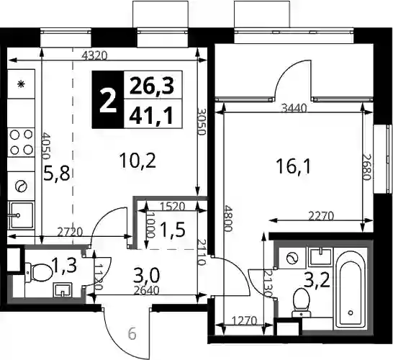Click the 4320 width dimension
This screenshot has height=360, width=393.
pyautogui.click(x=95, y=55)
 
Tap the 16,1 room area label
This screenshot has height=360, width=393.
pyautogui.click(x=293, y=167)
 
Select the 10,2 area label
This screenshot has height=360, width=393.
pyautogui.click(x=138, y=161)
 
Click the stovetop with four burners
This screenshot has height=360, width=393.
pyautogui.click(x=21, y=143)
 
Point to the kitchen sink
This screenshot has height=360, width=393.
pyautogui.click(x=22, y=215)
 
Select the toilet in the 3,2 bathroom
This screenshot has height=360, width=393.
pyautogui.click(x=301, y=303)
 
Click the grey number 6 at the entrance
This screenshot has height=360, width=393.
pyautogui.click(x=132, y=334)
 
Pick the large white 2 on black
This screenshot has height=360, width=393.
pyautogui.click(x=108, y=102)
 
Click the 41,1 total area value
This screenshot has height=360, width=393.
pyautogui.click(x=151, y=115)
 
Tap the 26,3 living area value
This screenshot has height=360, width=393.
pyautogui.click(x=152, y=86)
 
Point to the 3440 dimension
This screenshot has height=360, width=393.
pyautogui.click(x=294, y=109)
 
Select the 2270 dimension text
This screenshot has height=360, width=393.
pyautogui.click(x=321, y=216)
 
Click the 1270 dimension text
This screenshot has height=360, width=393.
pyautogui.click(x=245, y=321)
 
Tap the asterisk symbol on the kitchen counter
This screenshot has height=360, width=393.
pyautogui.click(x=21, y=84)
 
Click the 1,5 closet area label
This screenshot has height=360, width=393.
pyautogui.click(x=173, y=230)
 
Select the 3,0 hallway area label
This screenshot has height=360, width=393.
pyautogui.click(x=147, y=276)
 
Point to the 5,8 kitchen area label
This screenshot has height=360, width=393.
pyautogui.click(x=56, y=174)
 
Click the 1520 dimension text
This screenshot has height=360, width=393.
pyautogui.click(x=172, y=207)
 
